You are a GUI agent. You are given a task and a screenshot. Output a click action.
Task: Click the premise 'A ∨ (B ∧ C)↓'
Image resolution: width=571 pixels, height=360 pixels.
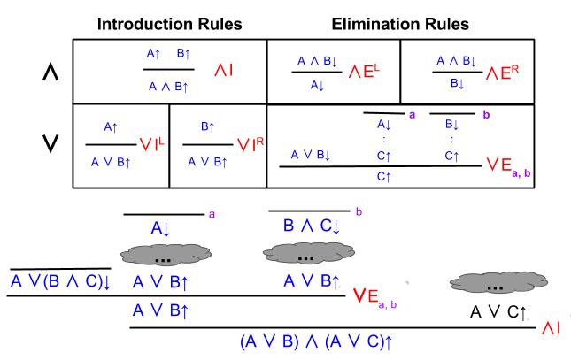pos(59,282)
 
